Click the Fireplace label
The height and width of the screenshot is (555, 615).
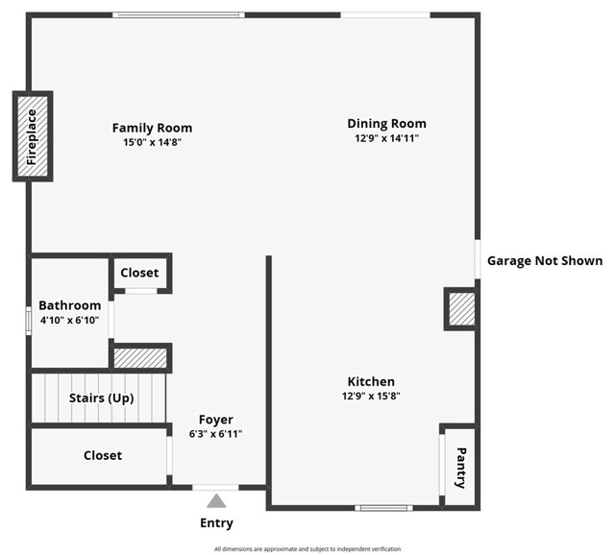tap(32, 136)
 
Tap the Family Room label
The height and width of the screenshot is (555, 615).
tap(152, 128)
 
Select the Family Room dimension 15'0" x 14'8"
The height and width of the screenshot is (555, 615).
tap(152, 142)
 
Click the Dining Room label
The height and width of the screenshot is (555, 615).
tap(386, 123)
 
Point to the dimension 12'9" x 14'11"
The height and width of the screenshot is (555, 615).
tap(386, 138)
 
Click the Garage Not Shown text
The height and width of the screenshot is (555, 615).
tap(545, 260)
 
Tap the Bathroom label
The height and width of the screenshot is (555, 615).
tap(69, 305)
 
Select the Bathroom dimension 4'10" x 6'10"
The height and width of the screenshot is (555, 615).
tap(69, 320)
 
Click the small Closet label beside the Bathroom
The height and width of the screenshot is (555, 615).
tap(139, 273)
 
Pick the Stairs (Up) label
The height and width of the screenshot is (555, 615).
tap(101, 398)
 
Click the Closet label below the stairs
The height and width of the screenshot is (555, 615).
tap(103, 455)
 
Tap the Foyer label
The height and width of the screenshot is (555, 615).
tap(216, 420)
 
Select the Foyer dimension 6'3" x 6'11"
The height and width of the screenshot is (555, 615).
tap(216, 434)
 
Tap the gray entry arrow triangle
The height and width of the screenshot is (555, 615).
tap(216, 500)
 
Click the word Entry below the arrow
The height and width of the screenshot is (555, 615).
tap(216, 523)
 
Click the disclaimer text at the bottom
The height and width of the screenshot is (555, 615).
tap(307, 548)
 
